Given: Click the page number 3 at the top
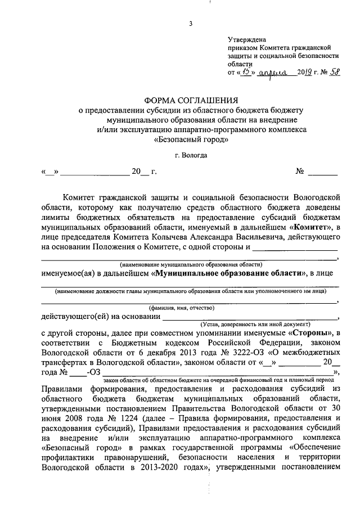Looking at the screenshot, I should click(191, 23).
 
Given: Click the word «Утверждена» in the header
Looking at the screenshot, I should click(245, 40).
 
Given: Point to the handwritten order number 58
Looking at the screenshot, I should click(334, 72).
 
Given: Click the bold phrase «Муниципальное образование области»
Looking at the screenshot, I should click(227, 273).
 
